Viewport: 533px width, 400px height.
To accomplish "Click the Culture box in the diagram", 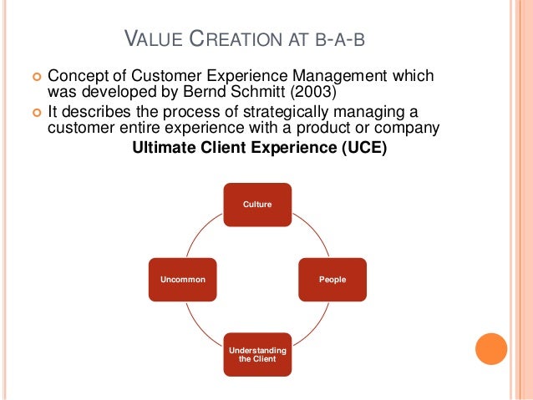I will [x=256, y=205].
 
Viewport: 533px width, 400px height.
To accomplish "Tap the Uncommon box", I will [x=183, y=279].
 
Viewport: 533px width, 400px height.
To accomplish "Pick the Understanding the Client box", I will [x=256, y=353].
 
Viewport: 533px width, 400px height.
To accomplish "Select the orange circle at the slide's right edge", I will [x=490, y=349].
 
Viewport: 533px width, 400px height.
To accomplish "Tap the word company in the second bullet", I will [x=410, y=129].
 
